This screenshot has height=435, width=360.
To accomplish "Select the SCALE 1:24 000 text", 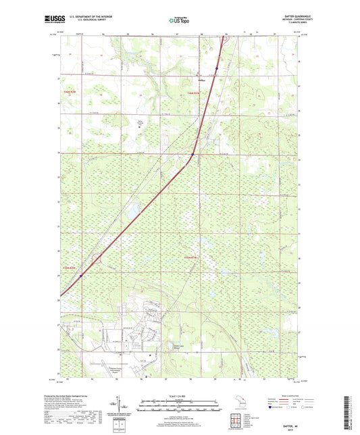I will (x=180, y=396).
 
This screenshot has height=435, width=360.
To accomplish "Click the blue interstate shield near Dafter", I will (x=216, y=69).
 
